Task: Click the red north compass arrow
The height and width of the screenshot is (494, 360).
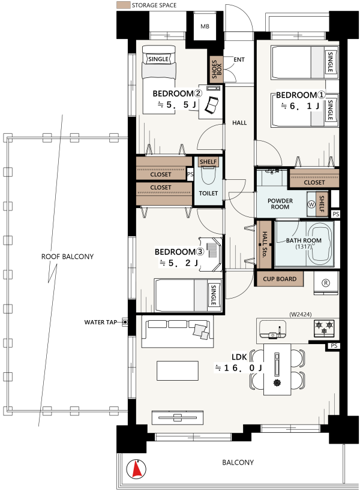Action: pos(136,469)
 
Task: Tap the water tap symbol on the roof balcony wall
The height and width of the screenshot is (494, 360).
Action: pos(125,322)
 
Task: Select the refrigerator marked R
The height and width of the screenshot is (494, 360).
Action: pos(326,283)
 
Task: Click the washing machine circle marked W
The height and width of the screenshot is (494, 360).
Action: pos(311,204)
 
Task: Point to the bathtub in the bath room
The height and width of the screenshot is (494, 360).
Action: pos(322,244)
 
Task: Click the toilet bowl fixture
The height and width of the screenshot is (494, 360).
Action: pos(208,176)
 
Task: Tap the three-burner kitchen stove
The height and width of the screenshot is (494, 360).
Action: pos(325,327)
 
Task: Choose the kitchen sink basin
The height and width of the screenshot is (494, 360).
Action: pos(272,329)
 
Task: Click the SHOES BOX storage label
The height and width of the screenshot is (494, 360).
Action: pos(217,70)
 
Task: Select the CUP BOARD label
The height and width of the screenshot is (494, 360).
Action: pos(280,279)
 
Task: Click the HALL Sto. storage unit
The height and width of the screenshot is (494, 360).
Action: pos(264,244)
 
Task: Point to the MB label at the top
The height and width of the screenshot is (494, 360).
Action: pos(205,26)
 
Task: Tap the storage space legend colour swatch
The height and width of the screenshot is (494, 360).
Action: pos(123,5)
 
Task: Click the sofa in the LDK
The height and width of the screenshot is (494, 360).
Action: pos(178,332)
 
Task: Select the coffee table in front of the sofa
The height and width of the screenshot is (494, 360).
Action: pos(178,371)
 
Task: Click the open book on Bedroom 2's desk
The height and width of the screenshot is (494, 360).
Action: pos(211,104)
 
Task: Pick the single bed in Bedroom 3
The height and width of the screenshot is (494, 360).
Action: pos(188,295)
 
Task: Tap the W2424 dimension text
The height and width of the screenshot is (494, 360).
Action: pos(301,314)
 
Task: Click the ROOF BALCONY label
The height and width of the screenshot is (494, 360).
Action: pos(67,257)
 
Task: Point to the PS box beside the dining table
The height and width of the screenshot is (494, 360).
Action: pos(334,345)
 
